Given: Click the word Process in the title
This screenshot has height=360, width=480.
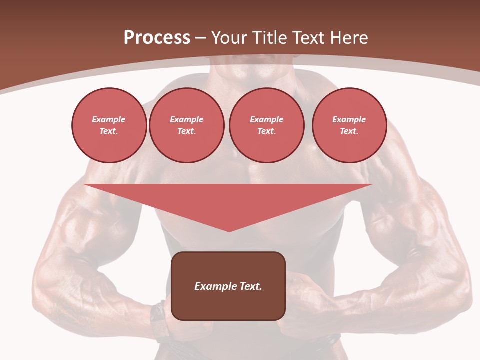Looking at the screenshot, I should pos(157,38).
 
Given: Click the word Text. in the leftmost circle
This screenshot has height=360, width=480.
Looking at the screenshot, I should pos(109,131).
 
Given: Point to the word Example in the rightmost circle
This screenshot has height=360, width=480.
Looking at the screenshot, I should pos(349,119).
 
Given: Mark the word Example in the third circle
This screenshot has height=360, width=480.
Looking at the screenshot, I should pos(266,119).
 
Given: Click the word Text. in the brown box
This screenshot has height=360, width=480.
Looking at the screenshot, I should pos(251,286).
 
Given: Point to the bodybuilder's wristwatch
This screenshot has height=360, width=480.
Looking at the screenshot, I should pos(159,320).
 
